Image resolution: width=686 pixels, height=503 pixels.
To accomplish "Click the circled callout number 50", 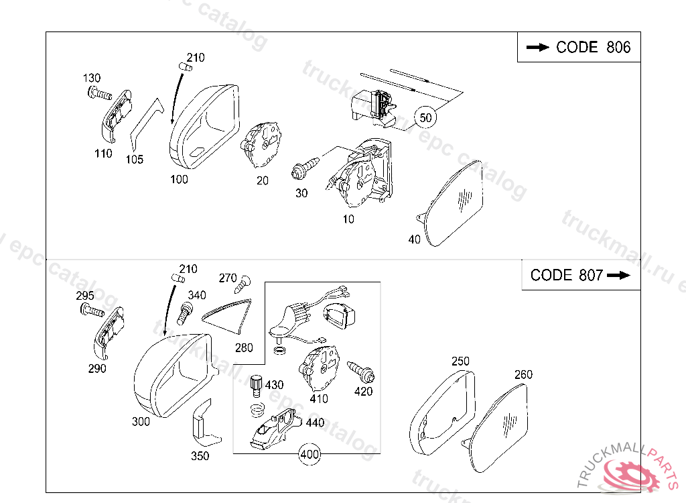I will pyautogui.click(x=425, y=118).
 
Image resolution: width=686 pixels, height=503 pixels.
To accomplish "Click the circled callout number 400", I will pyautogui.click(x=310, y=455).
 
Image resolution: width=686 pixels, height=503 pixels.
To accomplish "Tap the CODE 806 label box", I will pyautogui.click(x=579, y=47).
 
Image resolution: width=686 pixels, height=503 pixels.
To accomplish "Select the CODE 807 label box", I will pyautogui.click(x=581, y=275).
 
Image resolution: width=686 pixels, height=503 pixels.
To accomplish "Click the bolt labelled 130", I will pyautogui.click(x=99, y=94).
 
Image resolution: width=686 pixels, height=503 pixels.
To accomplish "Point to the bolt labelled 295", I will pyautogui.click(x=91, y=310).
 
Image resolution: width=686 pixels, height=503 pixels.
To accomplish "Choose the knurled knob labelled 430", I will pyautogui.click(x=257, y=386).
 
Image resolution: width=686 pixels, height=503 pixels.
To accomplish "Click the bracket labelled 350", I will pyautogui.click(x=204, y=424).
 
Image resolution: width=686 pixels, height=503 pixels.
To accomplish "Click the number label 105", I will pyautogui.click(x=135, y=160).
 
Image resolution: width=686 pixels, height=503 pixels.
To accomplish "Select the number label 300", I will pyautogui.click(x=141, y=422).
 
